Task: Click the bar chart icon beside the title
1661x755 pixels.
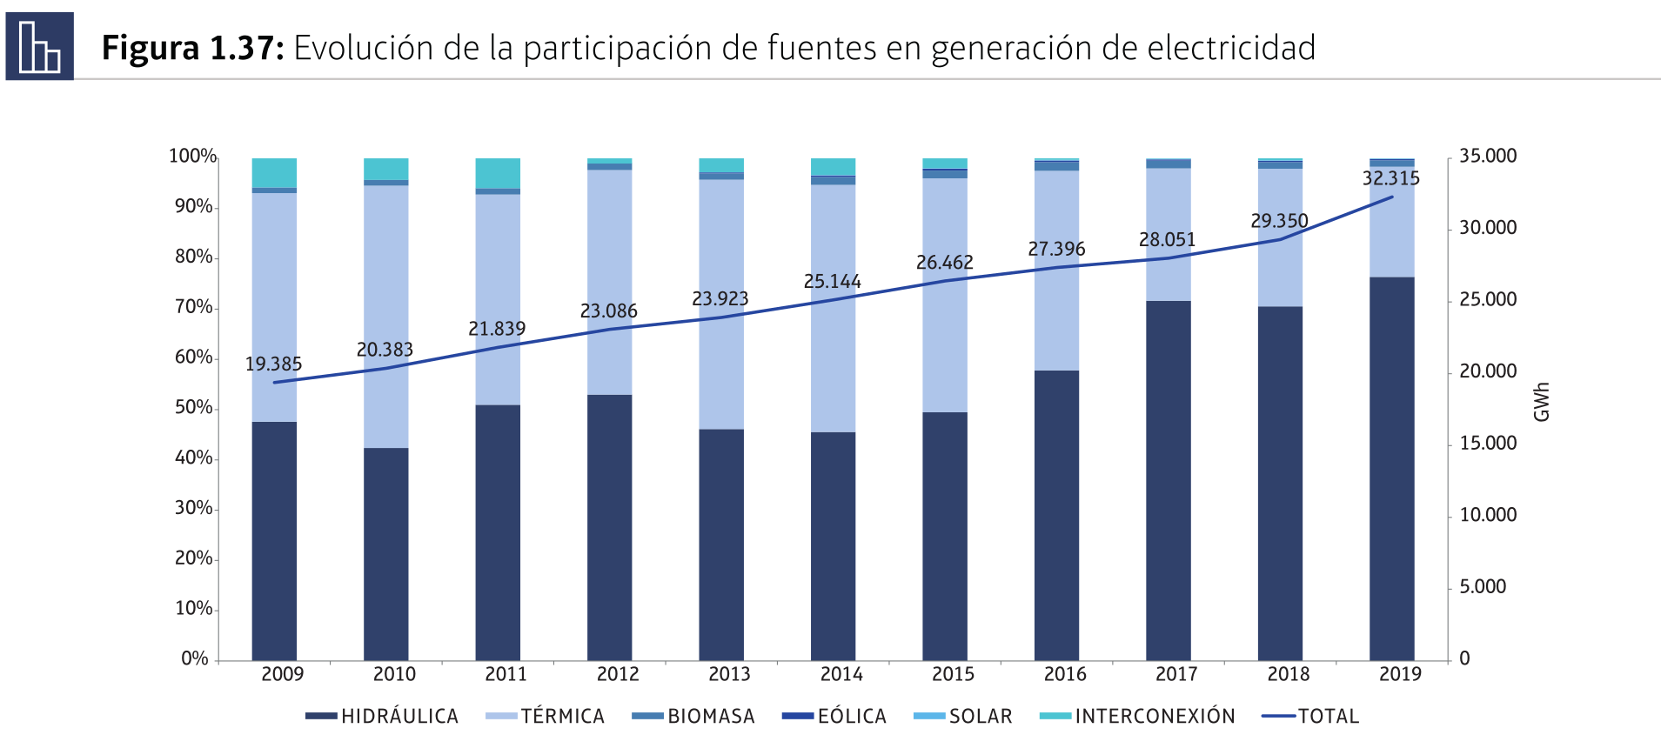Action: pos(39,46)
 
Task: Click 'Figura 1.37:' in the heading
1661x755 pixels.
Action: pos(192,48)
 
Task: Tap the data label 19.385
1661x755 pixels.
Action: pos(273,364)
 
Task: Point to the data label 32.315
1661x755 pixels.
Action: pos(1390,178)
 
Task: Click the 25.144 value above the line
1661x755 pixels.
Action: pos(832,282)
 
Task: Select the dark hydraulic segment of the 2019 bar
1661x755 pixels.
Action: pos(1391,470)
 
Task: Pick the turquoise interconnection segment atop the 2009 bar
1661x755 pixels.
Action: pos(274,172)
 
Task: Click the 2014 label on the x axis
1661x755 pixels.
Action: pos(841,674)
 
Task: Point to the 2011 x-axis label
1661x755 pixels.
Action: pos(506,674)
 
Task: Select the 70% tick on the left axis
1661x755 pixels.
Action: pos(193,307)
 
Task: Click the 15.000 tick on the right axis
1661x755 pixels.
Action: pos(1487,444)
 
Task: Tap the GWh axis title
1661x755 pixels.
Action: pos(1541,402)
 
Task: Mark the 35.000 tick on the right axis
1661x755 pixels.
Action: pos(1487,157)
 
